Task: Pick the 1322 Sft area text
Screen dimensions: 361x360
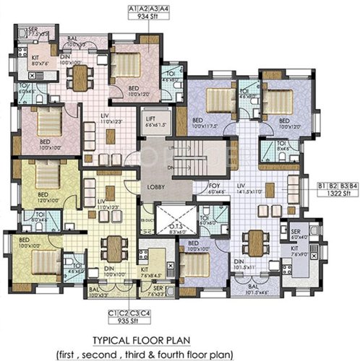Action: tap(333, 193)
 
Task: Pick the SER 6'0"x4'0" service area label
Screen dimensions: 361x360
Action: tap(299, 233)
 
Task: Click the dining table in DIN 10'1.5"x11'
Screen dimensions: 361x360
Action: tap(257, 240)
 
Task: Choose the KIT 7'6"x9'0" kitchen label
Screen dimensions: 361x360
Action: tap(297, 251)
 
